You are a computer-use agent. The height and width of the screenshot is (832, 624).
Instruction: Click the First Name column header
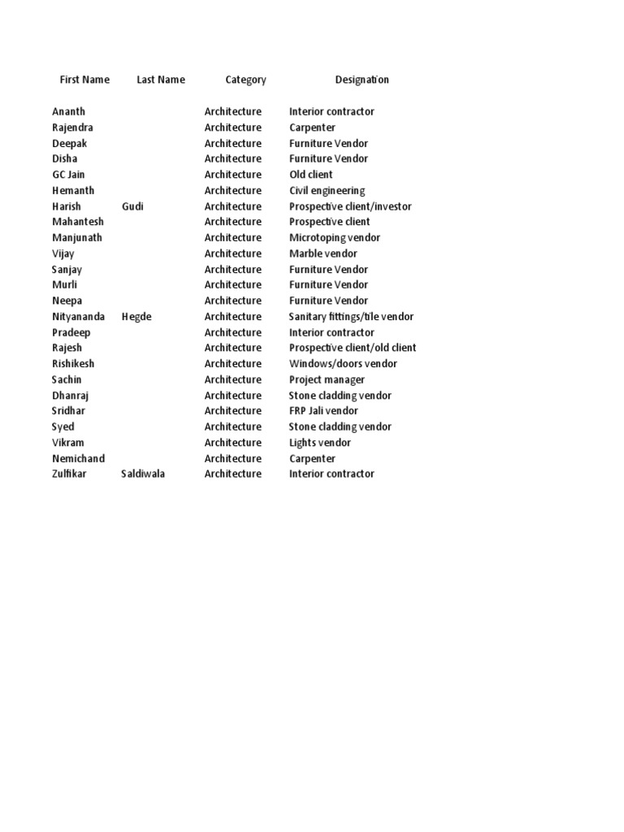click(84, 80)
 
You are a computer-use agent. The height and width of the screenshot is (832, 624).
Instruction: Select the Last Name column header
click(161, 80)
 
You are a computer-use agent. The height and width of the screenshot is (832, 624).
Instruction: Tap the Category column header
click(245, 80)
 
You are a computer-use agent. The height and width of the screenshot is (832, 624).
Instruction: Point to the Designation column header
click(362, 80)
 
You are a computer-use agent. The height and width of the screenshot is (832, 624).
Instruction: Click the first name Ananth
click(68, 111)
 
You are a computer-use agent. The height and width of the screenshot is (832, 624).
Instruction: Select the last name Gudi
click(132, 206)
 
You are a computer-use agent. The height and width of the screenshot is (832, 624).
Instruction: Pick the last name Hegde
click(136, 317)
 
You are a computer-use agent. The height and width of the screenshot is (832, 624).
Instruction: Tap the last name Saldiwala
click(143, 474)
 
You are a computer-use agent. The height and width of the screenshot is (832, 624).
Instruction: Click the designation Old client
click(311, 175)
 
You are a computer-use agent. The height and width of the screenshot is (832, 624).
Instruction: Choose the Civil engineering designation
click(327, 190)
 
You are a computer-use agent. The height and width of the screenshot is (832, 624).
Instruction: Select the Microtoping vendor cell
click(335, 238)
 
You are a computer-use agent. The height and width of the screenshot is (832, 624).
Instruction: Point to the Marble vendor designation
click(323, 253)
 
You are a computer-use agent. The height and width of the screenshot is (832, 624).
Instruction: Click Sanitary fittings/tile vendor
click(351, 317)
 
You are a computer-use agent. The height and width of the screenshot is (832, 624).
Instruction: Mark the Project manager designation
click(327, 379)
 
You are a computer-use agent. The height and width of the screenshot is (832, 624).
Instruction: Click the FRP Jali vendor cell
click(323, 411)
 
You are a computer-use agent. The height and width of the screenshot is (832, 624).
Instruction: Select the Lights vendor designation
click(320, 443)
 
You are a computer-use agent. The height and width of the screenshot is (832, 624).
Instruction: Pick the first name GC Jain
click(68, 175)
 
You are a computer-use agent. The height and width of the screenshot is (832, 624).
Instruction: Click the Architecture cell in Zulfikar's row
click(233, 474)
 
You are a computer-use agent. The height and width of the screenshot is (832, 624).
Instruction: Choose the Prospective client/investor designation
click(350, 206)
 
